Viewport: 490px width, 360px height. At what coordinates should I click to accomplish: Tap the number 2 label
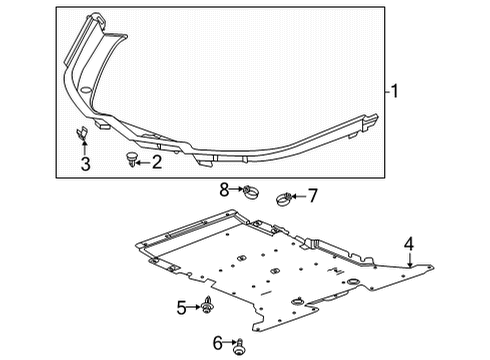[x=156, y=161]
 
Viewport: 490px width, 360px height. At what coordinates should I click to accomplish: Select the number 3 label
[x=85, y=164]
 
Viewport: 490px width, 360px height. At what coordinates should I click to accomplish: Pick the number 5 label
[x=182, y=308]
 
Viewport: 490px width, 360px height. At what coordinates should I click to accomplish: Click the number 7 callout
[x=311, y=195]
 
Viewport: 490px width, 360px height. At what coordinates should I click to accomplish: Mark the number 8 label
[x=226, y=188]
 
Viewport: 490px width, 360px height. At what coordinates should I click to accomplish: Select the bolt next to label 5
[x=207, y=305]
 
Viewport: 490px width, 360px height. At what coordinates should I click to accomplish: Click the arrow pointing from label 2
[x=142, y=160]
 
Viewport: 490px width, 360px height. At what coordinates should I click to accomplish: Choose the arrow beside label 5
[x=194, y=307]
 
